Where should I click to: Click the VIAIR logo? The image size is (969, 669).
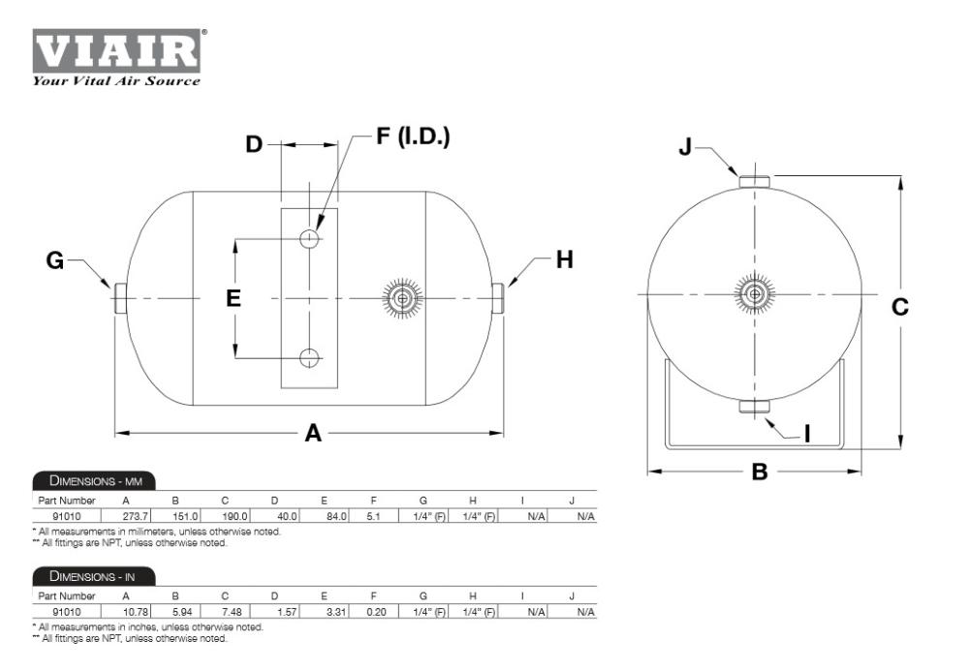pos(117,50)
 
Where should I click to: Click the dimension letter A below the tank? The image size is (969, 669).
pos(313,433)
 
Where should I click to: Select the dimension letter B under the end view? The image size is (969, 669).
pos(760,471)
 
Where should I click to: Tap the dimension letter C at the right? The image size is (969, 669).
pos(900,307)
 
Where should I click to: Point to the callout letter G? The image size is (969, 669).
pos(55,260)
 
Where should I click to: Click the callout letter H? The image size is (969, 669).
pos(564,259)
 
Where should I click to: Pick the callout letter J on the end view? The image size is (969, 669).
pos(685,147)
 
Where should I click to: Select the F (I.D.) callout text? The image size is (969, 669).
pos(413,136)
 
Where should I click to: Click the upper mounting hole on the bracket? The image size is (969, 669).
pos(309,238)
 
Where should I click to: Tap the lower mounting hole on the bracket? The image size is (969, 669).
pos(309,357)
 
